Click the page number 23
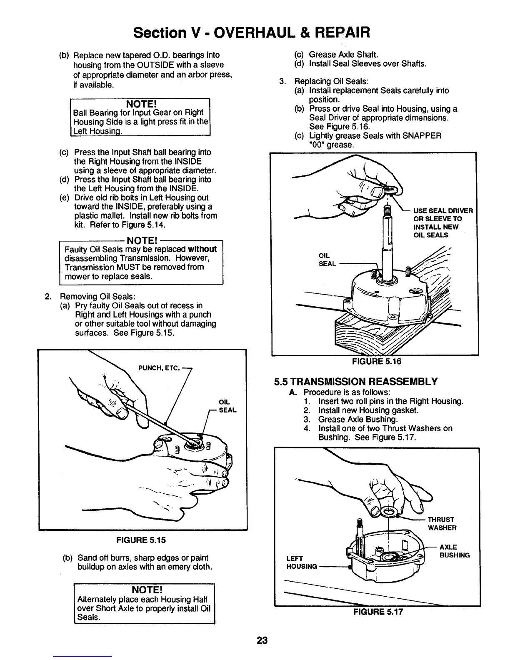[x=262, y=640]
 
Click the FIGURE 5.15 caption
[x=141, y=540]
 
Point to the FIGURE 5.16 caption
[x=377, y=361]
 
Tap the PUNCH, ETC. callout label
[x=158, y=368]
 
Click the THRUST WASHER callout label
[x=442, y=524]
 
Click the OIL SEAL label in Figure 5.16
[x=327, y=259]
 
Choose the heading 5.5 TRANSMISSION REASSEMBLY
[x=356, y=382]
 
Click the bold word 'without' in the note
[x=202, y=249]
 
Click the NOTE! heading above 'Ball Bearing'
[x=140, y=103]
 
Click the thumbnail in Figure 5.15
[x=123, y=412]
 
